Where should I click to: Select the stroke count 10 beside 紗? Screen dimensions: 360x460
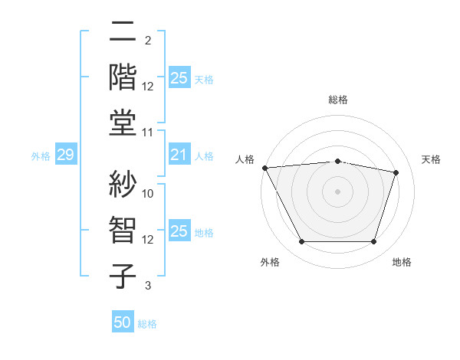(149, 194)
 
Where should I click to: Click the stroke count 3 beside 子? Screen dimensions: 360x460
(148, 286)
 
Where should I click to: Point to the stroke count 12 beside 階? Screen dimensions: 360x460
(148, 87)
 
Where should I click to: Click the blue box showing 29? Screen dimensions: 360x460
(65, 155)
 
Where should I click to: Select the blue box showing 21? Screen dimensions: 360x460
(179, 155)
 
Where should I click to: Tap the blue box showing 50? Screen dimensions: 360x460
(123, 322)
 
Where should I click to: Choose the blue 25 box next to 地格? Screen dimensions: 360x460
(179, 232)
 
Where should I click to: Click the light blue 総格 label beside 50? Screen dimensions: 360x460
(147, 324)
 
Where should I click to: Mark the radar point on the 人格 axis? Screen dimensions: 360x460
(264, 168)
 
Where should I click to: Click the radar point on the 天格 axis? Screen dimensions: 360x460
(396, 172)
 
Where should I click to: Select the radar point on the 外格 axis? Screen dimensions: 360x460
(301, 242)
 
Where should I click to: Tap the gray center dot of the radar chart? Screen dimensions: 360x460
(337, 191)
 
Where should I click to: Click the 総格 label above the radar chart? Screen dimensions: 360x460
(337, 100)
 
